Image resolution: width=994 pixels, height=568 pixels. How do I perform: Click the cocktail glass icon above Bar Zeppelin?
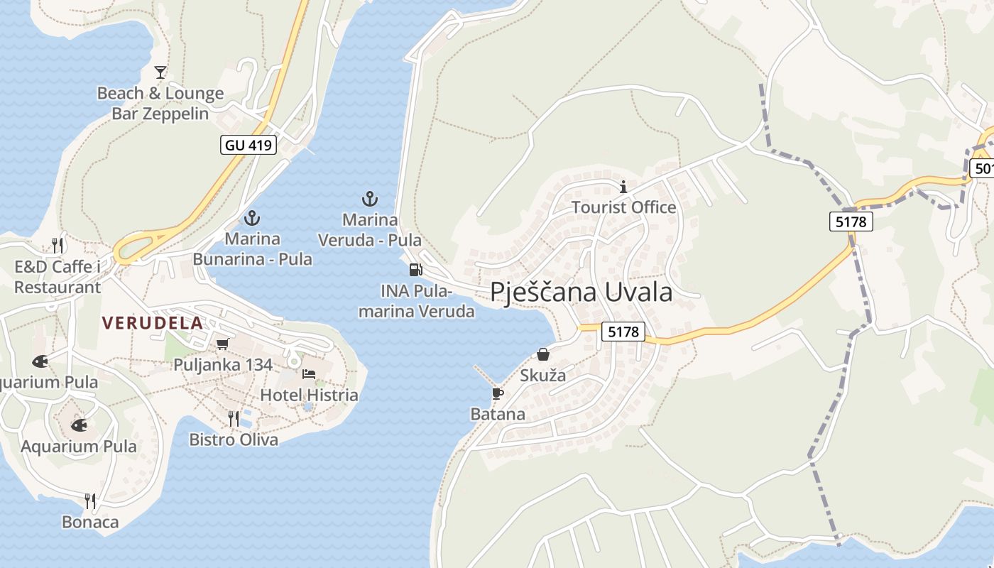(160, 72)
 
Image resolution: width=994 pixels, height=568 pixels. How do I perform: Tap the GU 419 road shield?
(247, 146)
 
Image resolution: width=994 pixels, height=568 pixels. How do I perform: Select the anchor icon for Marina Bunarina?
(251, 218)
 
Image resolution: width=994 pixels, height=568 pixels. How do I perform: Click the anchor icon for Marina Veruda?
(369, 199)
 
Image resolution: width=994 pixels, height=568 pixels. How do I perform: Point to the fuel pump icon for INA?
(415, 270)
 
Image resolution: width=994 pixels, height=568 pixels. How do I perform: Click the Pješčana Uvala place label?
(581, 292)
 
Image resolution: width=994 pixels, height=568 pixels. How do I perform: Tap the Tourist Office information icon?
(623, 187)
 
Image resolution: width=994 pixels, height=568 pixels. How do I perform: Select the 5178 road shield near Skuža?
(624, 332)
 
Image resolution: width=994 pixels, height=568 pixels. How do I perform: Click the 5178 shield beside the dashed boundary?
(851, 222)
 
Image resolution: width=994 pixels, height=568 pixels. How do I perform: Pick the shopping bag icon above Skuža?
(543, 354)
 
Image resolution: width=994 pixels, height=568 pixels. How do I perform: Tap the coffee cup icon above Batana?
(497, 393)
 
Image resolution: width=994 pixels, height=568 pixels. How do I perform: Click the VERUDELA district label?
(152, 323)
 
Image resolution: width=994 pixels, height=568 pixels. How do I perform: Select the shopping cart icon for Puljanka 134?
(222, 344)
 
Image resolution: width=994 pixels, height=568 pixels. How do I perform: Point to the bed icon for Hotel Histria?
(309, 374)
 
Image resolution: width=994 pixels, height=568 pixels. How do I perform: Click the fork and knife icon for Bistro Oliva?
(234, 419)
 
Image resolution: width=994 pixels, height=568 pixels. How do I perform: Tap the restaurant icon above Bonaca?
(90, 501)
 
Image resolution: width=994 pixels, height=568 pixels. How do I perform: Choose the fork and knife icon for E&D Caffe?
(58, 246)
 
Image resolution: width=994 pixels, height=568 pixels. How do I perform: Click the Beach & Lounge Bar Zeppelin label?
(160, 104)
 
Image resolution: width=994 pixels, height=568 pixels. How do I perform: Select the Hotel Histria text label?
(309, 395)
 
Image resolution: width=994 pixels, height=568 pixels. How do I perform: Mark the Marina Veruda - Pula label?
(369, 230)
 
